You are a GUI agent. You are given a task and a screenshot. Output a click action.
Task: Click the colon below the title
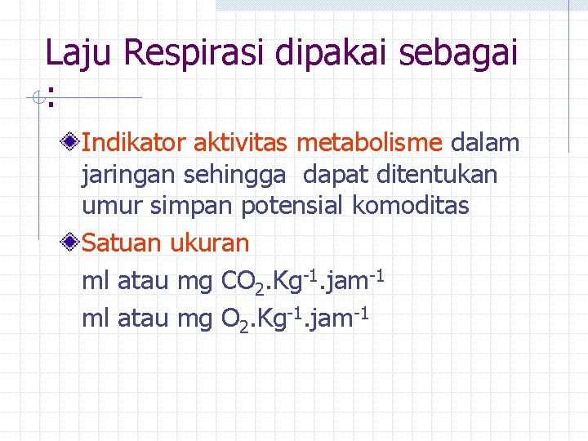[x=51, y=99]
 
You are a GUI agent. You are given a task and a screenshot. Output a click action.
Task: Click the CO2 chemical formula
[x=241, y=283]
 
